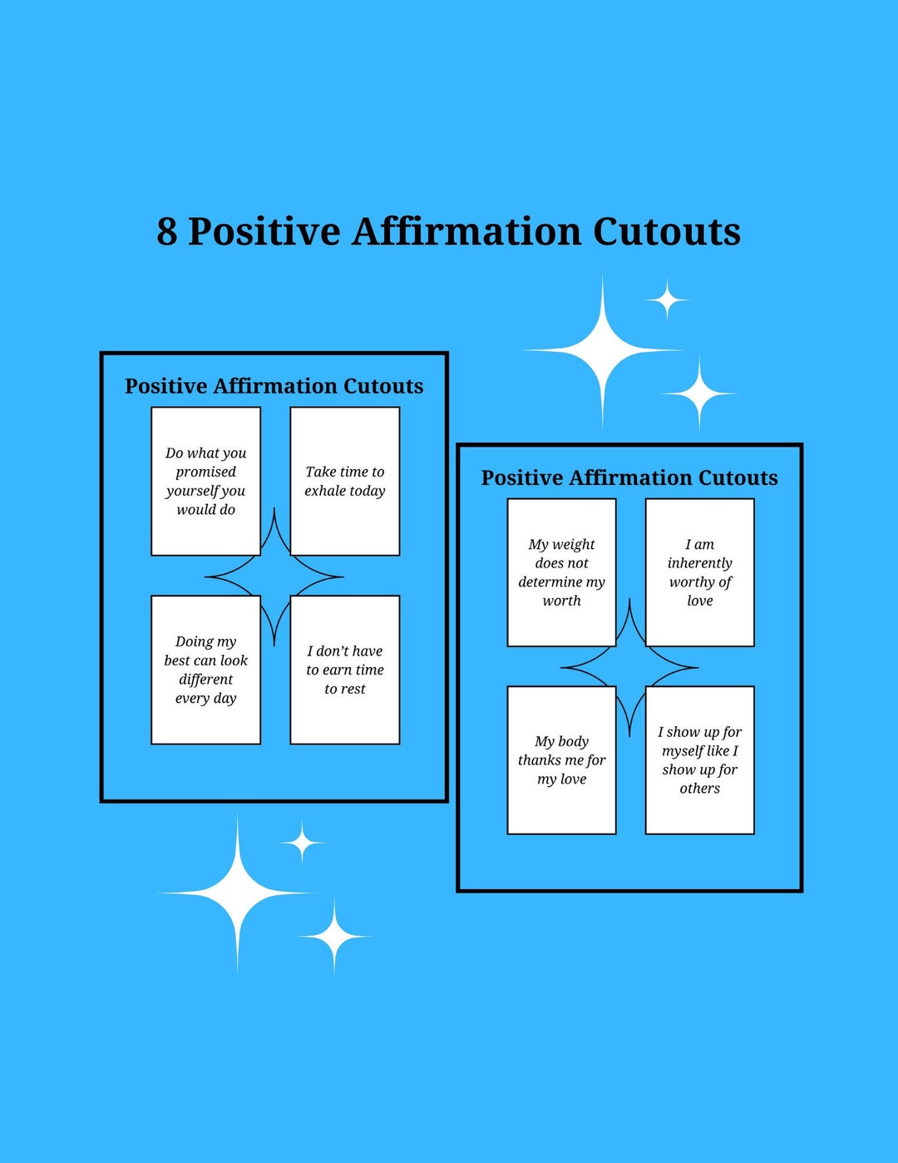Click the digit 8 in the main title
pyautogui.click(x=167, y=232)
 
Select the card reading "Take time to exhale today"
pyautogui.click(x=344, y=481)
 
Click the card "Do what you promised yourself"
pyautogui.click(x=205, y=481)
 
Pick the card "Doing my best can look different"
pyautogui.click(x=205, y=670)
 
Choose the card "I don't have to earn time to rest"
pyautogui.click(x=344, y=670)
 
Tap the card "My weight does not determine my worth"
pyautogui.click(x=561, y=572)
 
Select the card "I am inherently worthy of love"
pyautogui.click(x=699, y=572)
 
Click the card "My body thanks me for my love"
pyautogui.click(x=561, y=760)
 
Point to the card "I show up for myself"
pyautogui.click(x=699, y=760)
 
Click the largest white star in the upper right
pyautogui.click(x=603, y=350)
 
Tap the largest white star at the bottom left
pyautogui.click(x=238, y=893)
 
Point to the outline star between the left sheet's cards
pyautogui.click(x=274, y=577)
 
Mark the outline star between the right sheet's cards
pyautogui.click(x=630, y=667)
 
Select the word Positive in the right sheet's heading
pyautogui.click(x=521, y=478)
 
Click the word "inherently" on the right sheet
pyautogui.click(x=699, y=563)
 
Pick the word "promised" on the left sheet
pyautogui.click(x=205, y=472)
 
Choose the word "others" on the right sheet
pyautogui.click(x=699, y=789)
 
